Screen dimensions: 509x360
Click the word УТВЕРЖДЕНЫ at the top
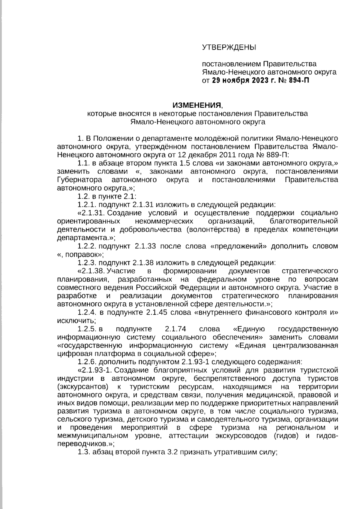pos(229,47)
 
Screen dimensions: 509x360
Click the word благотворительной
pos(304,221)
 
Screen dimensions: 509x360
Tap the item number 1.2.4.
pos(87,312)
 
